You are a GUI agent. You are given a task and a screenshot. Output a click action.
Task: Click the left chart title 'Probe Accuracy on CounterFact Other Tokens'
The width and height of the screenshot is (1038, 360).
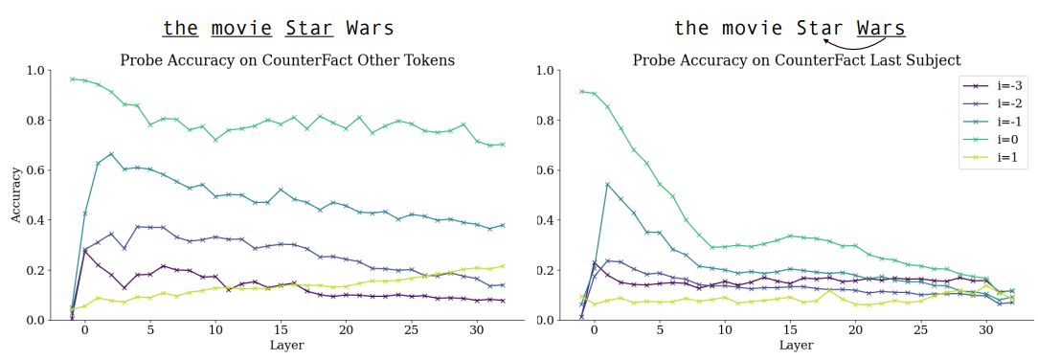287,60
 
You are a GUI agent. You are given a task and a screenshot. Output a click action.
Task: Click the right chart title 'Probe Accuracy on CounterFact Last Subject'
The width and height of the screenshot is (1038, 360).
797,60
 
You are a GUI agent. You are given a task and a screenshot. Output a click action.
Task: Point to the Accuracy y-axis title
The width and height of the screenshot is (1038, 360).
15,195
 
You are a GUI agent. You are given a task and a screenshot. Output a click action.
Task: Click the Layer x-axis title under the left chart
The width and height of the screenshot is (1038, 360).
287,345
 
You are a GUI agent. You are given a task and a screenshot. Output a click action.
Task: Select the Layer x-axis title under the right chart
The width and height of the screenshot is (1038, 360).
797,345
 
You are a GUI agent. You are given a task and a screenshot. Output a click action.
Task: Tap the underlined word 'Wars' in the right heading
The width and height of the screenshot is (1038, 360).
881,29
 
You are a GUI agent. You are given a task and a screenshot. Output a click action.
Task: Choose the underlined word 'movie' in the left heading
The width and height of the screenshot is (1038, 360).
241,29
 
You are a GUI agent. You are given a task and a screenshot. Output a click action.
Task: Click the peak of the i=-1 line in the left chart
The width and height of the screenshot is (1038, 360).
111,153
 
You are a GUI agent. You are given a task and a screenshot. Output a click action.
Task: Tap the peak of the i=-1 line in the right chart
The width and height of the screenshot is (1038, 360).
607,184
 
